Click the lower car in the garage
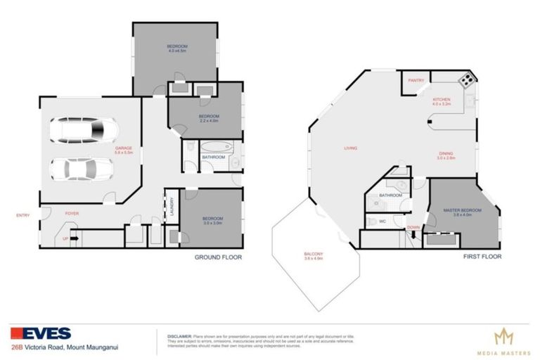[80, 169]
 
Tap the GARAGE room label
[124, 148]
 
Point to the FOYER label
[71, 212]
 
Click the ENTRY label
[23, 215]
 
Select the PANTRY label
[416, 81]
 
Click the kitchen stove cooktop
[465, 81]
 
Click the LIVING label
[350, 148]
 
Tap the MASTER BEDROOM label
[462, 210]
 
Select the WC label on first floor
[382, 221]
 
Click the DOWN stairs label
[414, 227]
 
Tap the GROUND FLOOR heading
[218, 257]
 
